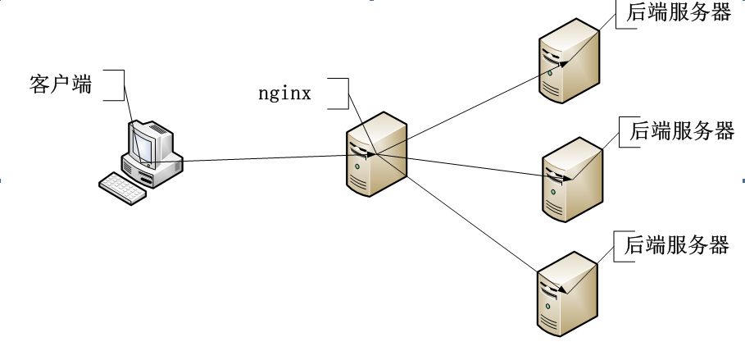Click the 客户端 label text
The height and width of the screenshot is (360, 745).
coord(60,84)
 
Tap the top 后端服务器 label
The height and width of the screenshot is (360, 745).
coord(677,13)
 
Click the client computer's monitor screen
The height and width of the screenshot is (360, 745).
coord(146,143)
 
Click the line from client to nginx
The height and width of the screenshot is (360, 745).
coord(262,157)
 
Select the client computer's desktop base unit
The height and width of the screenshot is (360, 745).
coord(156,168)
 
